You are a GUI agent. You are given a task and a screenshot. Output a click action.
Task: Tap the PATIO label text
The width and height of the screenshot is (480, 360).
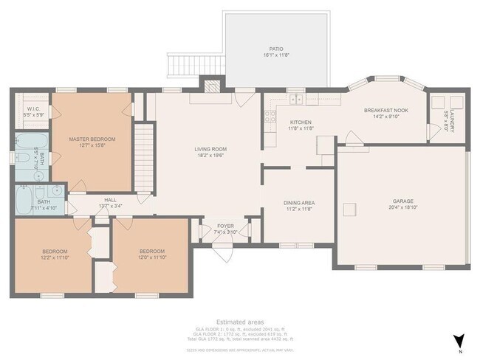click(276, 49)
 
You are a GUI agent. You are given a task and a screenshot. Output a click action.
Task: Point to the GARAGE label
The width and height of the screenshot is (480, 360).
click(402, 201)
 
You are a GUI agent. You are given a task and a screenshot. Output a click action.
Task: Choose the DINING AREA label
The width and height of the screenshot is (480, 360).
click(299, 202)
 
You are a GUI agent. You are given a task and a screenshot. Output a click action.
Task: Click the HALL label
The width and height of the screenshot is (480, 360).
click(110, 199)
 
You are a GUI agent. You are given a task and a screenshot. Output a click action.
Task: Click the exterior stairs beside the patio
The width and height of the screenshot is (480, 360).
click(180, 66)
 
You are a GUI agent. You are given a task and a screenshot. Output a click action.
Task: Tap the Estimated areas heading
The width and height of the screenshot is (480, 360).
click(239, 322)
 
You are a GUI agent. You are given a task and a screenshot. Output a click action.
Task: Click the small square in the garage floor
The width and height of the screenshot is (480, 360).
click(348, 211)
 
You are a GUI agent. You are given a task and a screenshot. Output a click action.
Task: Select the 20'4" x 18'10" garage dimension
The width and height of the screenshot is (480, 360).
click(402, 207)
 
